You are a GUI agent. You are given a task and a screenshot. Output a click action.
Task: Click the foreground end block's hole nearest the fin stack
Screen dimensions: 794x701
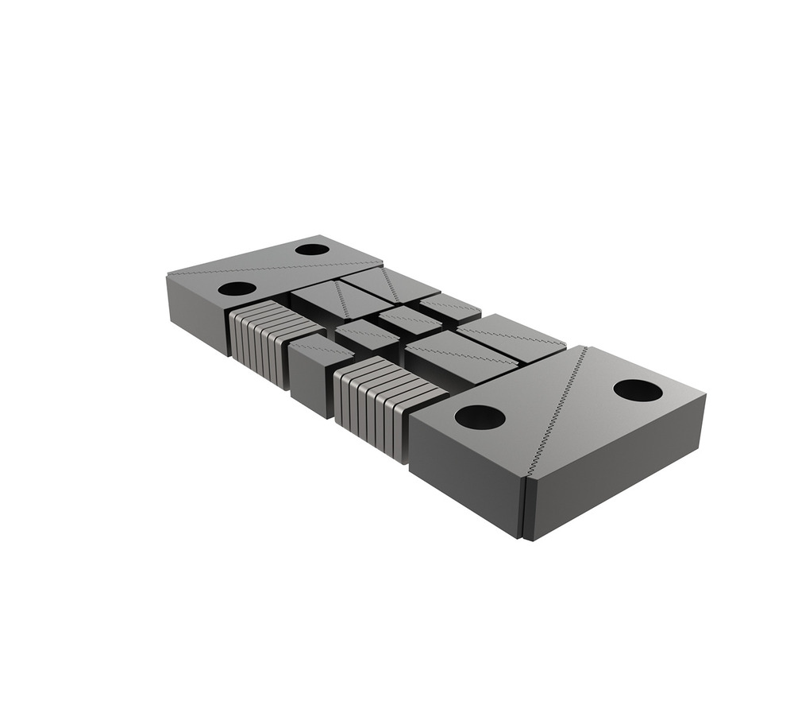point(480,417)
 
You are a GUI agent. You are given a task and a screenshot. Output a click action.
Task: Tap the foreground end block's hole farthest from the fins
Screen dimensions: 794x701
point(638,390)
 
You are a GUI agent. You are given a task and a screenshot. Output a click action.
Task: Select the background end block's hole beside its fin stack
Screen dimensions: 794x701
point(237,289)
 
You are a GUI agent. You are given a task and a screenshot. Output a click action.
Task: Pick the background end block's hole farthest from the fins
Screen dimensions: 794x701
point(312,250)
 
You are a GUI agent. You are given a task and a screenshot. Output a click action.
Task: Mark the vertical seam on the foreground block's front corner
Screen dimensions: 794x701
point(525,509)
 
